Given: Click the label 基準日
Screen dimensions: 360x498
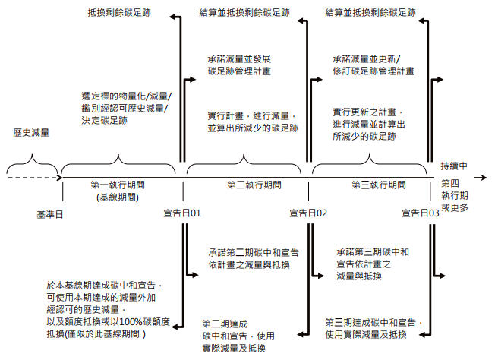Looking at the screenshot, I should pyautogui.click(x=49, y=213).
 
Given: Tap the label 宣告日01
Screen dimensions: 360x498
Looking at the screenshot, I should pyautogui.click(x=181, y=213).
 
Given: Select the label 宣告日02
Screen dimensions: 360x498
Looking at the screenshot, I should pyautogui.click(x=307, y=213).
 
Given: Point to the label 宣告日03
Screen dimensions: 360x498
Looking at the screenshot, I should pyautogui.click(x=420, y=213).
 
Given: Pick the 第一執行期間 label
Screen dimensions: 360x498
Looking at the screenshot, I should pyautogui.click(x=118, y=185).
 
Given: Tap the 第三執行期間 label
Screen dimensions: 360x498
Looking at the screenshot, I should pyautogui.click(x=372, y=185).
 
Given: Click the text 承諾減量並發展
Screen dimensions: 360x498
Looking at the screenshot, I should pyautogui.click(x=239, y=58).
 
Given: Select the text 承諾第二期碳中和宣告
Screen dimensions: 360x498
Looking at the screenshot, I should pyautogui.click(x=254, y=251).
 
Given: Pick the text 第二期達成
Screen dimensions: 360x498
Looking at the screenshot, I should pyautogui.click(x=225, y=324).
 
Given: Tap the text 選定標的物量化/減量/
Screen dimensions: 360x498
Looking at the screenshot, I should pyautogui.click(x=126, y=96).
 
